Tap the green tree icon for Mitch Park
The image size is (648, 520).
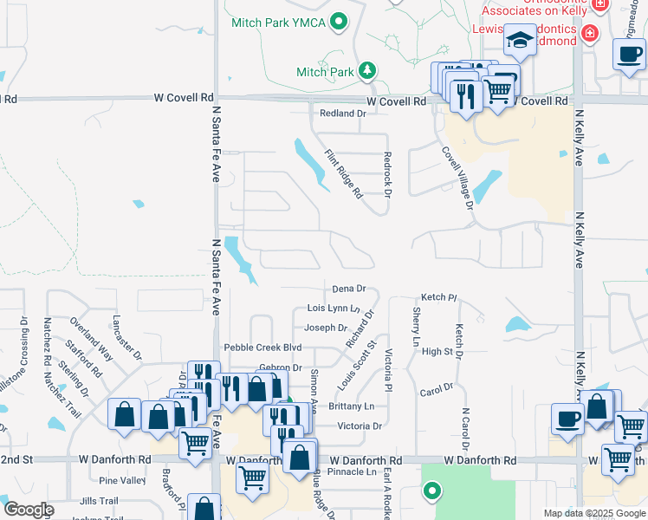pyautogui.click(x=368, y=71)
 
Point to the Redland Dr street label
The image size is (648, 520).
pyautogui.click(x=343, y=114)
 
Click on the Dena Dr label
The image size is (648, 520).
pyautogui.click(x=349, y=289)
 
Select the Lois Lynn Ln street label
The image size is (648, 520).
pyautogui.click(x=334, y=309)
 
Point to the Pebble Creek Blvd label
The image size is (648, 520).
pyautogui.click(x=262, y=348)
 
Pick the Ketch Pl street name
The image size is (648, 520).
pyautogui.click(x=438, y=297)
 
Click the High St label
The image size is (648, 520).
pyautogui.click(x=437, y=351)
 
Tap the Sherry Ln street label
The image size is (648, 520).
pyautogui.click(x=417, y=323)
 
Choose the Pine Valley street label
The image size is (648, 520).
pyautogui.click(x=122, y=480)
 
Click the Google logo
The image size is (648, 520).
pyautogui.click(x=29, y=510)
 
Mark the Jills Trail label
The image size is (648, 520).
pyautogui.click(x=98, y=501)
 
